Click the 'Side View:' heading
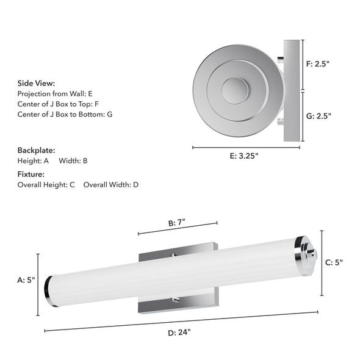(x=36, y=83)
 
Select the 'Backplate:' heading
(x=36, y=150)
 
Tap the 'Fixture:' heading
(x=31, y=174)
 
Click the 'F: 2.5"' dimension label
(x=317, y=63)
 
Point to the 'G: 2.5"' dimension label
(x=318, y=116)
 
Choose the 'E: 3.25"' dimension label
(x=244, y=156)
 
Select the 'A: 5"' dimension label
(x=26, y=281)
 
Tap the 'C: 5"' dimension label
(x=334, y=262)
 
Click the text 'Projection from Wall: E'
(x=55, y=94)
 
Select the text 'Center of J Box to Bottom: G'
(x=65, y=114)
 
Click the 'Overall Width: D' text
(x=111, y=184)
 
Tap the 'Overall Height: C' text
(x=46, y=184)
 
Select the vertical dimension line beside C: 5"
(x=322, y=262)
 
